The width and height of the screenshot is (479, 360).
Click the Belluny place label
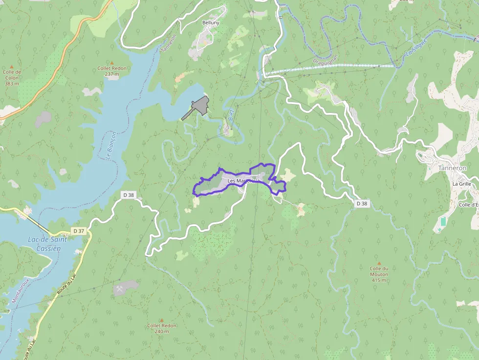pyautogui.click(x=211, y=22)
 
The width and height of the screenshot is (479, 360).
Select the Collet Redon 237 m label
pyautogui.click(x=112, y=71)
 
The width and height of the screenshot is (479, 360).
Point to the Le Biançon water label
pyautogui.click(x=111, y=145)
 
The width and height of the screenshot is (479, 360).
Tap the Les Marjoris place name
pyautogui.click(x=241, y=181)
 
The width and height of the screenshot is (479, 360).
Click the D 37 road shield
pyautogui.click(x=78, y=231)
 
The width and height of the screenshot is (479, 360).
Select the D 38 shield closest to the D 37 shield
pyautogui.click(x=128, y=195)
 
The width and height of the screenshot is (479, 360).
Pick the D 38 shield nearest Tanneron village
pyautogui.click(x=361, y=203)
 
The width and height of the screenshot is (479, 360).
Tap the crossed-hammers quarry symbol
pyautogui.click(x=119, y=289)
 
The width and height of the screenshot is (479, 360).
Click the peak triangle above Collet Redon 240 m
pyautogui.click(x=162, y=320)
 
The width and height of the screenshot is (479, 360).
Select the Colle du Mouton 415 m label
pyautogui.click(x=379, y=274)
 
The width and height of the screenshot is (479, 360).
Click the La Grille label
pyautogui.click(x=461, y=184)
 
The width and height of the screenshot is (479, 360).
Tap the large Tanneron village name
pyautogui.click(x=452, y=168)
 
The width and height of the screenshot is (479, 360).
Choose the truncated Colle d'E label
pyautogui.click(x=468, y=205)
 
